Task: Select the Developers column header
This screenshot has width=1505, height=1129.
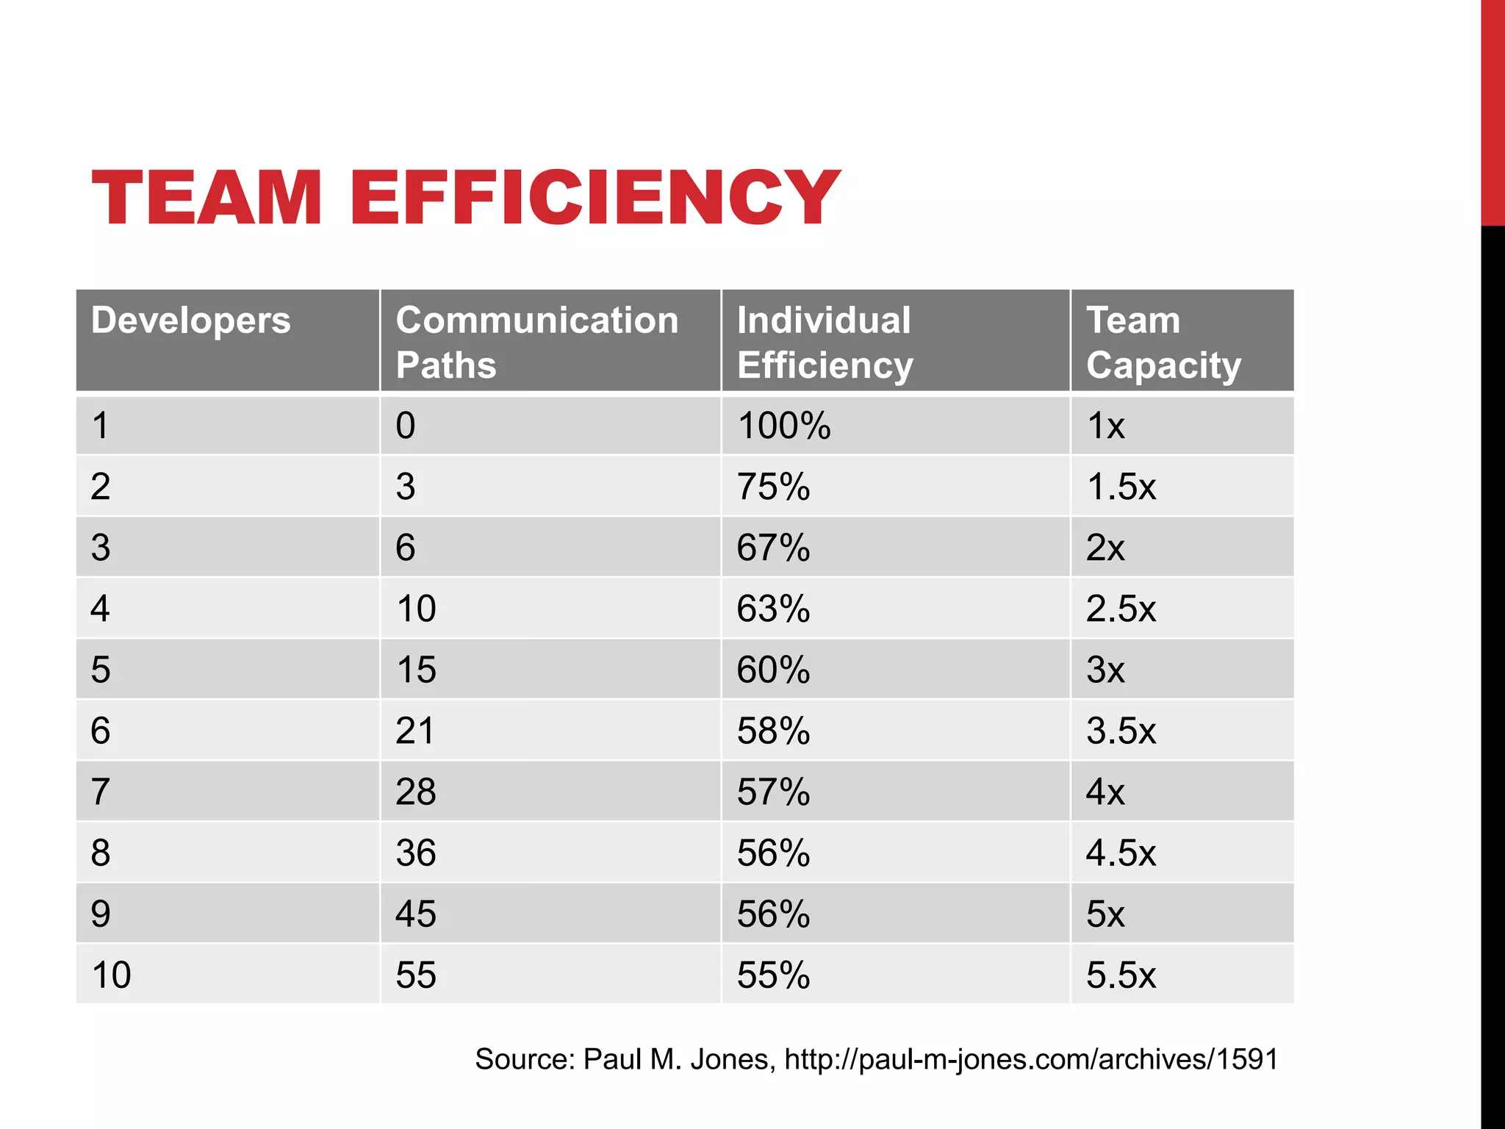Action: pos(191,321)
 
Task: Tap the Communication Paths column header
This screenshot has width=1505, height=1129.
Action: pos(536,342)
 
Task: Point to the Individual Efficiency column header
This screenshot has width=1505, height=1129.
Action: pos(825,342)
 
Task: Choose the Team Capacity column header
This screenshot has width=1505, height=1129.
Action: pos(1163,342)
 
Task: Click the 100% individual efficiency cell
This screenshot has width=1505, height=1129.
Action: pos(783,426)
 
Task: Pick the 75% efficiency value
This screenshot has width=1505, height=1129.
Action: pos(773,487)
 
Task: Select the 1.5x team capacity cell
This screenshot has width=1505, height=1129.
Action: pos(1121,487)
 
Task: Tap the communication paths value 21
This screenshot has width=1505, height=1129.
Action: pos(415,731)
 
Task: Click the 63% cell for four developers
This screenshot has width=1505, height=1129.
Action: pos(773,609)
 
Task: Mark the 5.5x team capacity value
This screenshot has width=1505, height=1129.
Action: pos(1121,975)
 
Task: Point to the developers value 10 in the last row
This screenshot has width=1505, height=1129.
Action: pos(111,975)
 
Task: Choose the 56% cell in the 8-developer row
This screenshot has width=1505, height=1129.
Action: pos(773,853)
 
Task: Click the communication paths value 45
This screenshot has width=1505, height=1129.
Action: pos(415,914)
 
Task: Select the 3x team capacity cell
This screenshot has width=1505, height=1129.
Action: pos(1105,670)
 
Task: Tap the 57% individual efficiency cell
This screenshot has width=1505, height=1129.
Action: pos(773,792)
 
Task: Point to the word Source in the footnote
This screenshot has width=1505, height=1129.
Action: pos(524,1059)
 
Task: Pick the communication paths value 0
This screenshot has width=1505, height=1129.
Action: pos(406,426)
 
